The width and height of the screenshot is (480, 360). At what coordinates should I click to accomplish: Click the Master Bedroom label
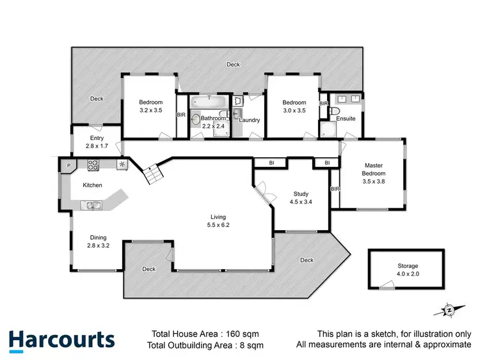pyautogui.click(x=374, y=173)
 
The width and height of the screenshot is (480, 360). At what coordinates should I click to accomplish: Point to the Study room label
pyautogui.click(x=301, y=197)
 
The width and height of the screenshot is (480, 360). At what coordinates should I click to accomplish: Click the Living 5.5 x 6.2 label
pyautogui.click(x=218, y=221)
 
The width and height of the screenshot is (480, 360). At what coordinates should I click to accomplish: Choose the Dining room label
pyautogui.click(x=98, y=240)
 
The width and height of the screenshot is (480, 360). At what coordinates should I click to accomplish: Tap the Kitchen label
pyautogui.click(x=92, y=185)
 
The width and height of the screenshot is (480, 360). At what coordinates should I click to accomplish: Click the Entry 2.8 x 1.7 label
pyautogui.click(x=97, y=142)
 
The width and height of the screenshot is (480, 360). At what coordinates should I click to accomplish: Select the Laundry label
pyautogui.click(x=249, y=120)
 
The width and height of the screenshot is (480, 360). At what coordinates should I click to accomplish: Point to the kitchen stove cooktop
pyautogui.click(x=93, y=165)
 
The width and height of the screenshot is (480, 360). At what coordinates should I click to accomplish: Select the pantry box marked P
pyautogui.click(x=68, y=165)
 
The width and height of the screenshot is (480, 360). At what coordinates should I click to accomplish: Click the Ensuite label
pyautogui.click(x=346, y=118)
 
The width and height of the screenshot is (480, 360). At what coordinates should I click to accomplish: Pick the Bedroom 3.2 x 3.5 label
pyautogui.click(x=151, y=106)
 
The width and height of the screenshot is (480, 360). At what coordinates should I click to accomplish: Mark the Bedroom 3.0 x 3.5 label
pyautogui.click(x=294, y=106)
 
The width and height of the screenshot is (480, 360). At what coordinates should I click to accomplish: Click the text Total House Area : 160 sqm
pyautogui.click(x=205, y=333)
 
